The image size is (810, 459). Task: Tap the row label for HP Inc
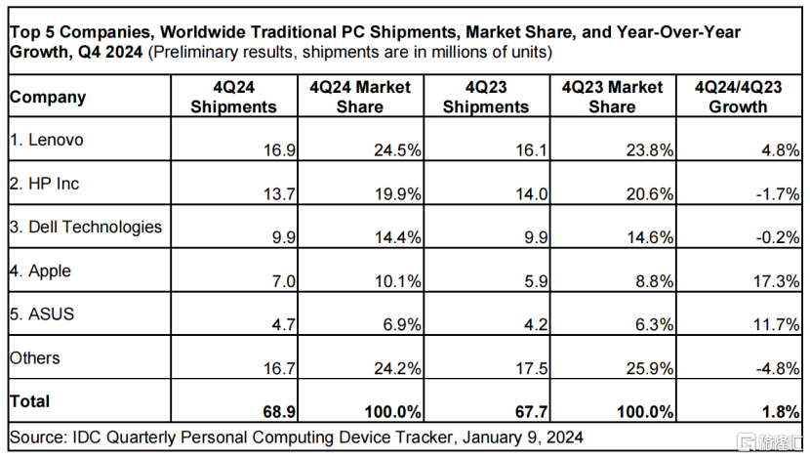pyautogui.click(x=45, y=184)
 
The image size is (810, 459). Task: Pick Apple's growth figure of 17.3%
pyautogui.click(x=777, y=281)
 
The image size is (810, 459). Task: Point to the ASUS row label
pyautogui.click(x=42, y=314)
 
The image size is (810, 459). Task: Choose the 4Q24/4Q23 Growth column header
pyautogui.click(x=739, y=98)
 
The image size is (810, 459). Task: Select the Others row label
pyautogui.click(x=34, y=358)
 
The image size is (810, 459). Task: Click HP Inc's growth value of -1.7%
pyautogui.click(x=777, y=194)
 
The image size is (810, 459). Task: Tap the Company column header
pyautogui.click(x=47, y=98)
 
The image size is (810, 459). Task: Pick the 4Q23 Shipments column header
pyautogui.click(x=486, y=98)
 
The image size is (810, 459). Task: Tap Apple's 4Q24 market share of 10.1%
pyautogui.click(x=399, y=281)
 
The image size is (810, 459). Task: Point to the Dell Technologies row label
pyautogui.click(x=86, y=227)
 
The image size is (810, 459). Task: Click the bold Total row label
pyautogui.click(x=29, y=401)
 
